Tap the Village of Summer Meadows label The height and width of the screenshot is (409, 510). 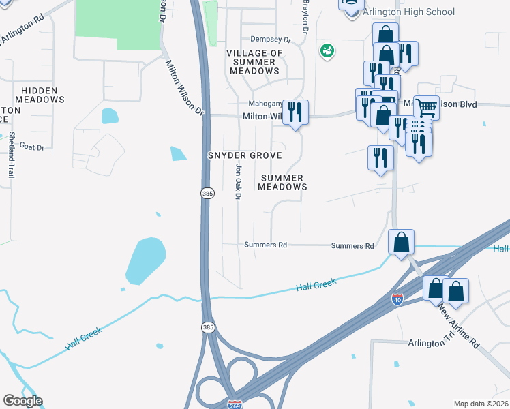coord(254,62)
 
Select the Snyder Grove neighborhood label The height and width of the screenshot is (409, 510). coord(245,156)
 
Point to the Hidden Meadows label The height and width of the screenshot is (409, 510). coord(43,95)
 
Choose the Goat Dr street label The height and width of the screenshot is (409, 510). coord(31,147)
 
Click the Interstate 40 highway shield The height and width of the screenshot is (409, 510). coord(397,299)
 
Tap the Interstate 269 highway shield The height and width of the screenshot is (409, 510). coord(235,404)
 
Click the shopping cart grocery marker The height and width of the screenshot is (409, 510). coord(426,107)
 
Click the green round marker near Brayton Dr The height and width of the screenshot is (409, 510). coord(327,50)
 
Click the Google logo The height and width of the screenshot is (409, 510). coord(22,400)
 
